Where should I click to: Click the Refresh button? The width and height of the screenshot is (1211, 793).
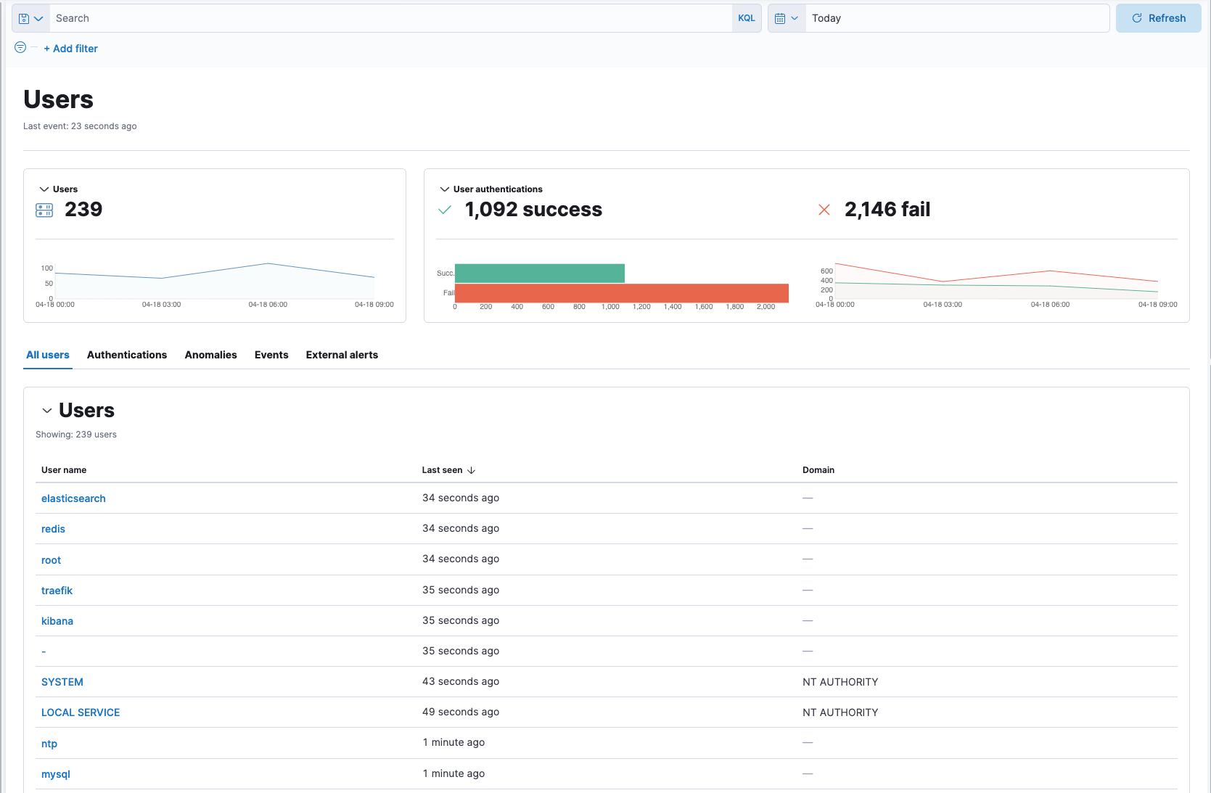(1158, 18)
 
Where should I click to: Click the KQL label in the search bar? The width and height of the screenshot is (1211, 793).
(746, 18)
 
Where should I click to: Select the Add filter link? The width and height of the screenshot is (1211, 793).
(71, 49)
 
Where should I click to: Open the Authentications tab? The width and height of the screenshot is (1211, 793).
(127, 355)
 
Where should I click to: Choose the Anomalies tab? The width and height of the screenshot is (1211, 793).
(210, 355)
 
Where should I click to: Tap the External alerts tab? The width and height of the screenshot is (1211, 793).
(342, 355)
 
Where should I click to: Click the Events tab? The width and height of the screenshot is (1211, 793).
(271, 355)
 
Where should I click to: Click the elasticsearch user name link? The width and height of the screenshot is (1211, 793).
(73, 498)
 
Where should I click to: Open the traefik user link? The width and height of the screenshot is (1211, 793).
(57, 591)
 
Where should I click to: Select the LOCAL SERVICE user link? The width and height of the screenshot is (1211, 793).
(81, 712)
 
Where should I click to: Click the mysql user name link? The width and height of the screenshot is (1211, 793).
(56, 774)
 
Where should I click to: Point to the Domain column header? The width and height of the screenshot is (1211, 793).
(818, 470)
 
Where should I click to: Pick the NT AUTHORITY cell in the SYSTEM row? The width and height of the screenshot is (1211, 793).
(840, 682)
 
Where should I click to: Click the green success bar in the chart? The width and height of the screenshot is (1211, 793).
(539, 274)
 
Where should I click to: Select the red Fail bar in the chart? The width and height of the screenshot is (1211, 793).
(621, 293)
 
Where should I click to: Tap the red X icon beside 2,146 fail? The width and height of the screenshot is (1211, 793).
(824, 210)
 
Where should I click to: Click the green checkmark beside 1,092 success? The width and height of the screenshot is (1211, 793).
(445, 210)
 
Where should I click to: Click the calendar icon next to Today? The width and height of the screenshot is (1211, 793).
(780, 18)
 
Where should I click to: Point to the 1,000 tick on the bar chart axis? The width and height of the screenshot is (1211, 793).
(610, 307)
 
